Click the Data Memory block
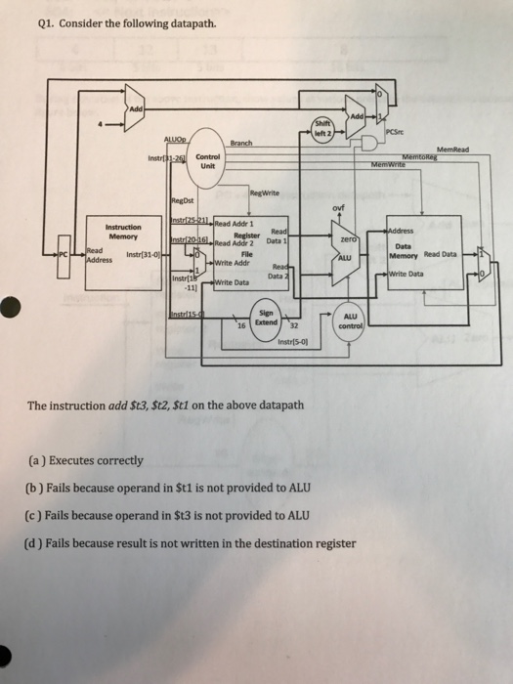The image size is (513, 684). coord(420,244)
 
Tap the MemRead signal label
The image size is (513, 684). coord(451,150)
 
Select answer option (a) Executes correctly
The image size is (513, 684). coord(80,460)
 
